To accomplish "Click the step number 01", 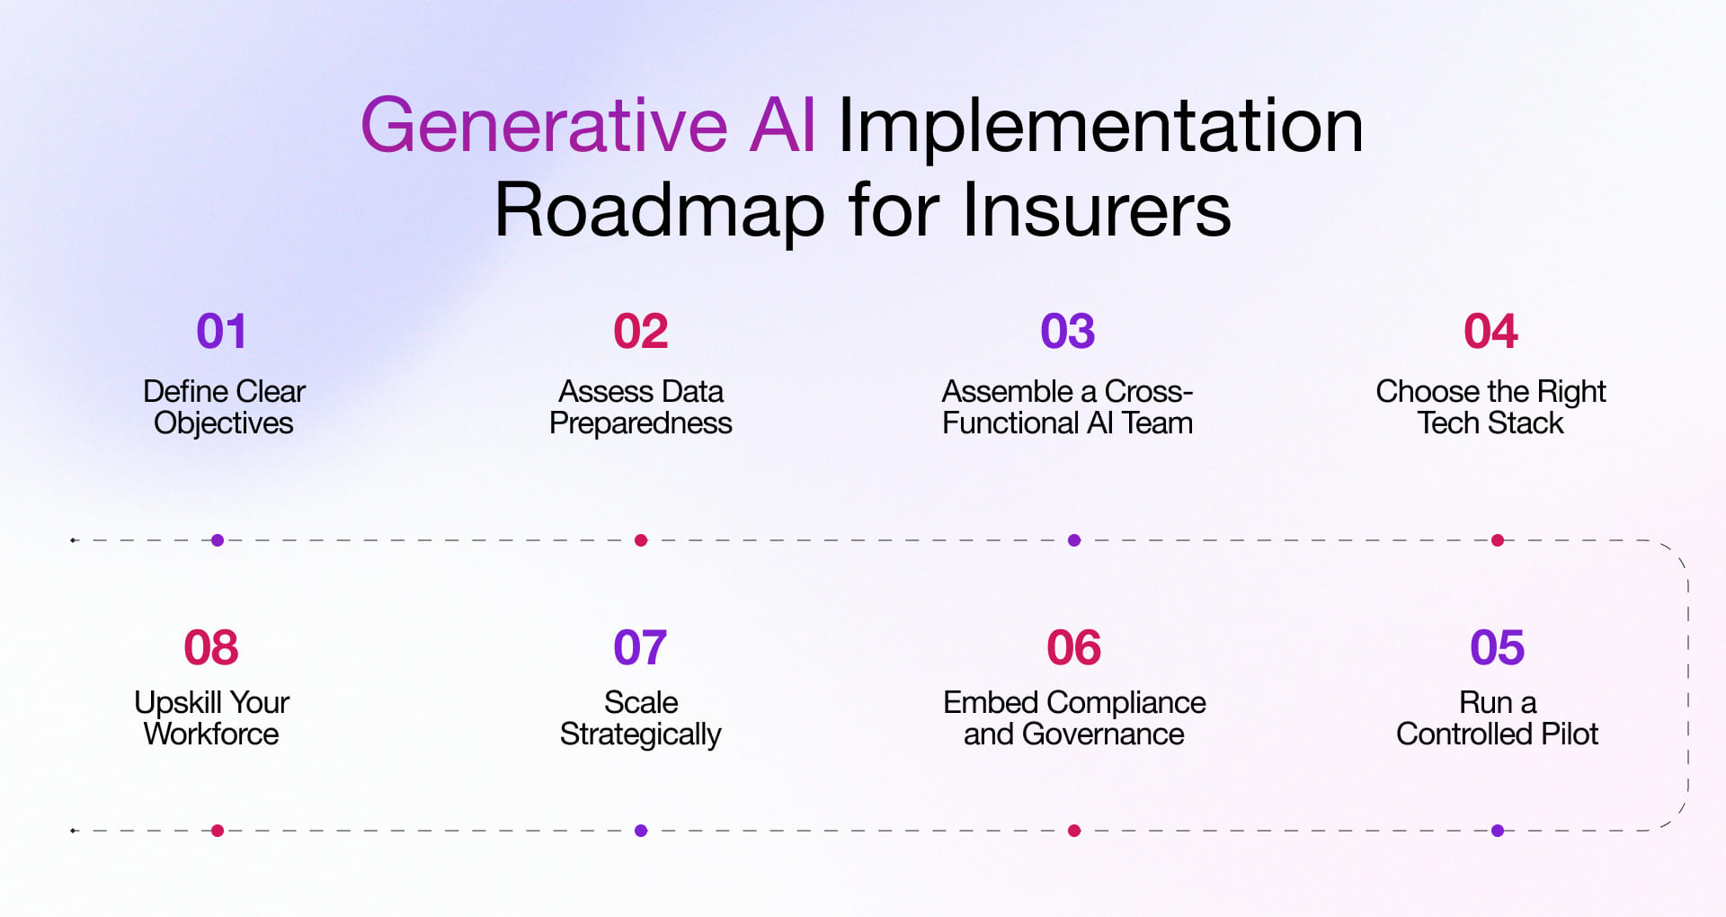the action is [221, 331].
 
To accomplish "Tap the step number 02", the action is [641, 331].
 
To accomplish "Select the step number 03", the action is [1068, 331].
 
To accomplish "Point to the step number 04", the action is [1491, 331].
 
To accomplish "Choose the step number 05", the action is [1498, 647].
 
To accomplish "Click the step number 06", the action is [1074, 647].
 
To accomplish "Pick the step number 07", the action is [640, 647].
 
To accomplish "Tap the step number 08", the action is [211, 647].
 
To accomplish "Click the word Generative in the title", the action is [544, 126].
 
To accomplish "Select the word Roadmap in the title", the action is [660, 210].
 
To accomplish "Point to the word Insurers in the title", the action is [1097, 210].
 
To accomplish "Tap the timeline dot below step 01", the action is [218, 540].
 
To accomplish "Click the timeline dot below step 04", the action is [1498, 540].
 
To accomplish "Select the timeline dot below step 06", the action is [1074, 831].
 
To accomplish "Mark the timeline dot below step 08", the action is [218, 831].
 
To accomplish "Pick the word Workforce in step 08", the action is [211, 734].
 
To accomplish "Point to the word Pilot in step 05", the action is [1570, 734].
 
